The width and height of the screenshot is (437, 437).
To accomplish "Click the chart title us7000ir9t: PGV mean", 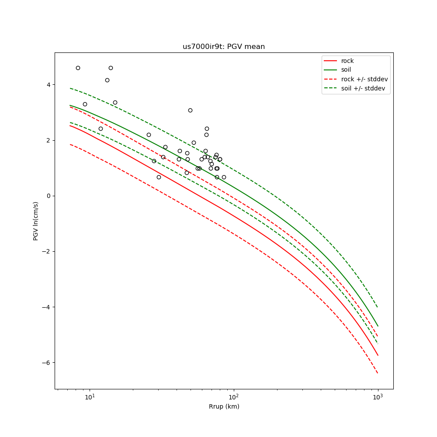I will point(223,47).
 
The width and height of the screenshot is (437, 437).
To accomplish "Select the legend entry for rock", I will point(347,61).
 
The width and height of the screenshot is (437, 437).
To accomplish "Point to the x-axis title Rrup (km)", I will point(224,406).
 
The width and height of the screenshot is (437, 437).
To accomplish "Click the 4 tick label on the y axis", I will point(48,85).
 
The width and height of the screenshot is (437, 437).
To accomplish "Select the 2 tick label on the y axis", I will point(48,140).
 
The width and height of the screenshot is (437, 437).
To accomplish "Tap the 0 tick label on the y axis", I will point(48,196).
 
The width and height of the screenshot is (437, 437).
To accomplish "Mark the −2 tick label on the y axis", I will point(46,251).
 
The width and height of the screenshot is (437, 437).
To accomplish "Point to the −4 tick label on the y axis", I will point(46,307).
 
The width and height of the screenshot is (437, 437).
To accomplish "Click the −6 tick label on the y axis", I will point(46,363).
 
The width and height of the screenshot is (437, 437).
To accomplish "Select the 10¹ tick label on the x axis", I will point(90,397).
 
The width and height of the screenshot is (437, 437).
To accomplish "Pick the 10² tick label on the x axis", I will point(234,397).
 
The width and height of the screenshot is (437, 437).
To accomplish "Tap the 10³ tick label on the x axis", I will point(378,397).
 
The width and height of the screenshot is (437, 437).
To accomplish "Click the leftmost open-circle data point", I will point(78,68).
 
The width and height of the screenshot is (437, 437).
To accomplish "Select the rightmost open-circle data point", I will point(224,177).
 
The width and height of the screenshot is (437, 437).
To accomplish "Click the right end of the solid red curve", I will point(378,355).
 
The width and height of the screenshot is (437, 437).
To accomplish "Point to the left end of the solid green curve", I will point(70,105).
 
